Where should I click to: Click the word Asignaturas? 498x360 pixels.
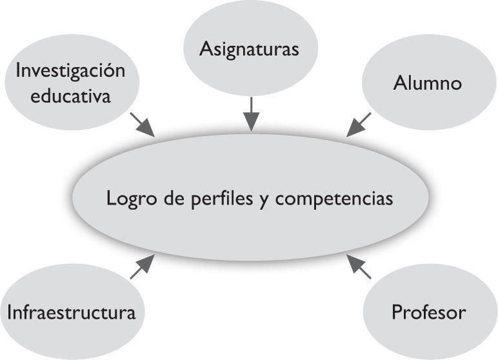[x=249, y=49]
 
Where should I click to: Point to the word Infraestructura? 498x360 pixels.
[x=72, y=313]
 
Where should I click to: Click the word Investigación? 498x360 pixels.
[x=70, y=71]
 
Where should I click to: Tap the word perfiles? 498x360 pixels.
[x=217, y=197]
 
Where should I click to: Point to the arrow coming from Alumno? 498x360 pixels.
[x=359, y=125]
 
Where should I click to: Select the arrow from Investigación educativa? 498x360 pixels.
[x=143, y=125]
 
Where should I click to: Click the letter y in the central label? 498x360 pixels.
[x=263, y=198]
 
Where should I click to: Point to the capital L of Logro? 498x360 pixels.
[x=111, y=197]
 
